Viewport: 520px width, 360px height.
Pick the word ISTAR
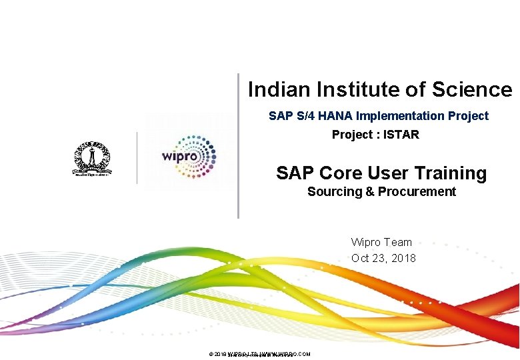pyautogui.click(x=401, y=135)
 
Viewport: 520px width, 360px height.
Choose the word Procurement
pyautogui.click(x=417, y=192)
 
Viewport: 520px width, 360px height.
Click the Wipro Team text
pyautogui.click(x=381, y=243)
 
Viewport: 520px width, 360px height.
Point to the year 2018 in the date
pyautogui.click(x=403, y=258)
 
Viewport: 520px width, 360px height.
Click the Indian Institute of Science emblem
pyautogui.click(x=93, y=159)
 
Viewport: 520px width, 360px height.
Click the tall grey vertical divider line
pyautogui.click(x=238, y=146)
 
